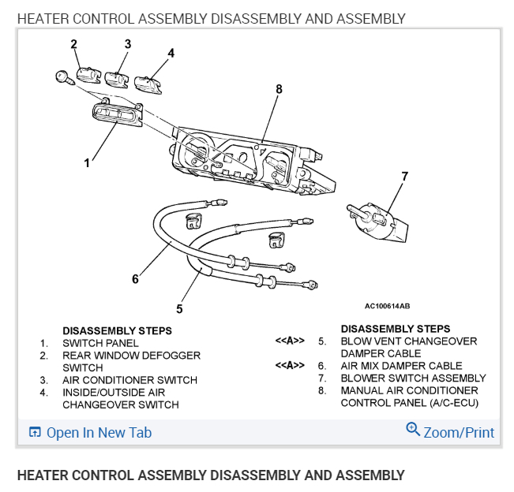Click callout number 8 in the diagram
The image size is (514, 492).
click(x=279, y=89)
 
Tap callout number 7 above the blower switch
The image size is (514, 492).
click(x=404, y=176)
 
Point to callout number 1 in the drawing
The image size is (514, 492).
click(x=87, y=163)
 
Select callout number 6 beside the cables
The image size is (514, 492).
click(x=135, y=278)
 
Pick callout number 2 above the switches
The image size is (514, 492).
click(x=74, y=43)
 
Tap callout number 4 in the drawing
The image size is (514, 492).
click(x=171, y=53)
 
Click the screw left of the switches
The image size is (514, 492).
click(x=62, y=77)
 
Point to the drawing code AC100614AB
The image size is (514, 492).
click(x=387, y=306)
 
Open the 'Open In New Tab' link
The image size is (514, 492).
click(x=99, y=432)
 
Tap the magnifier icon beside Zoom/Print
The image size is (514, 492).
click(x=412, y=430)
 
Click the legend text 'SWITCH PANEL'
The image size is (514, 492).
click(x=100, y=343)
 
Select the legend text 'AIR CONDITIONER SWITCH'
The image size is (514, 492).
click(x=130, y=380)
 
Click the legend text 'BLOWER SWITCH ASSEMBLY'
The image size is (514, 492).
click(x=413, y=378)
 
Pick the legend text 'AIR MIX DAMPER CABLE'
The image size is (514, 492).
click(x=401, y=366)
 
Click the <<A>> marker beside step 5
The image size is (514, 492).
click(x=290, y=341)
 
